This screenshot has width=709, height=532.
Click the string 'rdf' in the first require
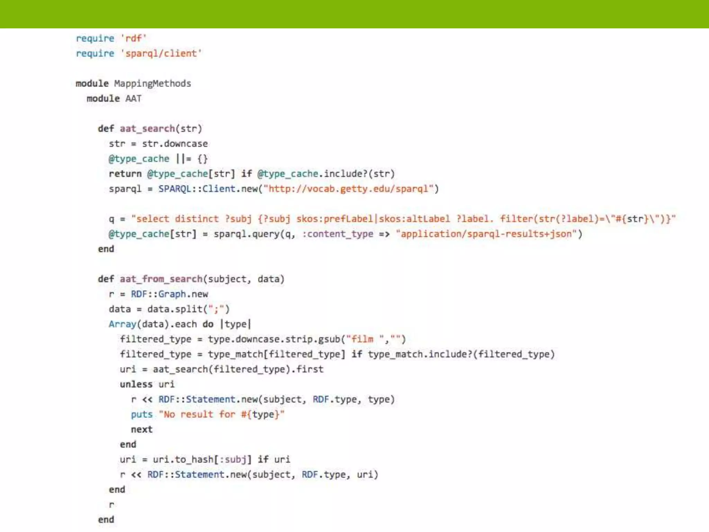click(134, 38)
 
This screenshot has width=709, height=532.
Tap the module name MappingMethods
click(152, 83)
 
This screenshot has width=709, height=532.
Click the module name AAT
click(133, 99)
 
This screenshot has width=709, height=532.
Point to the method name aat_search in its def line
click(147, 129)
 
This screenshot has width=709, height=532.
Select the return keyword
click(125, 174)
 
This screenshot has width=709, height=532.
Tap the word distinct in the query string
click(197, 219)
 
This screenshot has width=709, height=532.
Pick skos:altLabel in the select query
click(414, 219)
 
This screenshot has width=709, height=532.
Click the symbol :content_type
click(338, 234)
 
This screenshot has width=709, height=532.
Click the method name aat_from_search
click(161, 279)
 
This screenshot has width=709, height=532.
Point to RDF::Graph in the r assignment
click(158, 294)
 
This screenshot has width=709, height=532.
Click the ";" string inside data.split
click(216, 309)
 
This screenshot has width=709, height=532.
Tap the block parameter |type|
click(235, 324)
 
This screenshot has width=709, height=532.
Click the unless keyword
click(136, 384)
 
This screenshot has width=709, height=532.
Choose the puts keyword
click(142, 415)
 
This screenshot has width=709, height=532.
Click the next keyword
click(142, 429)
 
